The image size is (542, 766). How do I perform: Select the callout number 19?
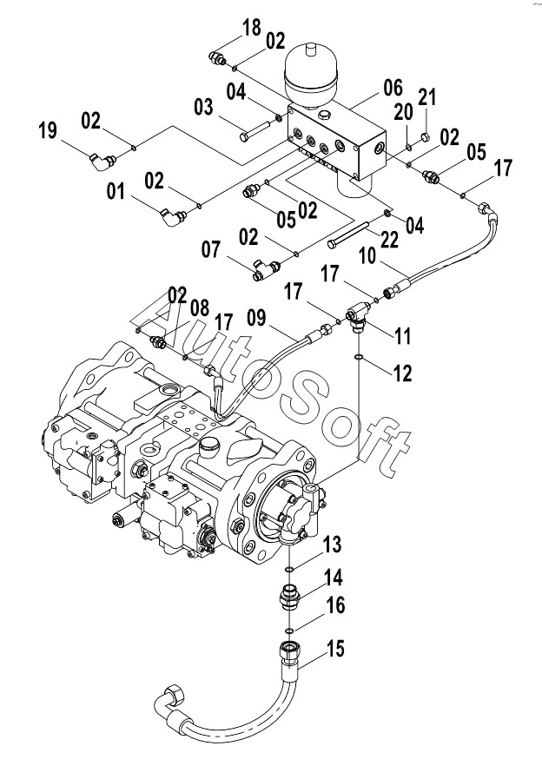(48, 131)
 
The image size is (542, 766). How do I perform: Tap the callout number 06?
(393, 88)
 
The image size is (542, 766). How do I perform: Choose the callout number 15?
(334, 648)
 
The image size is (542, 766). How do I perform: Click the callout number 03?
(203, 107)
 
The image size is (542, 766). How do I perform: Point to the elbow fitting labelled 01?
(168, 215)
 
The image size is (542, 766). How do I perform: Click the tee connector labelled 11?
(358, 319)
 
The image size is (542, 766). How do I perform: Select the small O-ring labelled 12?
(359, 356)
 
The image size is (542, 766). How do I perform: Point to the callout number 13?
(333, 545)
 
